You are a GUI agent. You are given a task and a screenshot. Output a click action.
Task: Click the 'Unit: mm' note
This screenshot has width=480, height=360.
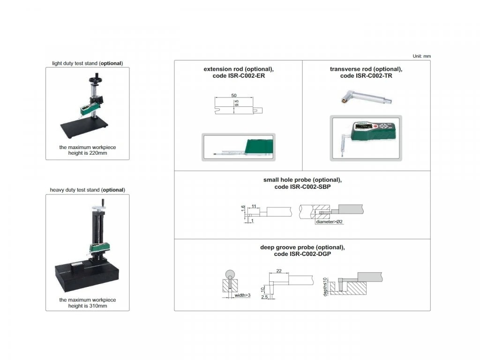421,56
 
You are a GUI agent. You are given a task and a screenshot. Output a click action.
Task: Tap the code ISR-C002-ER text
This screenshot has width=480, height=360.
239,76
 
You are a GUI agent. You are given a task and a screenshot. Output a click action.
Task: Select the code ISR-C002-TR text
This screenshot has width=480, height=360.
366,76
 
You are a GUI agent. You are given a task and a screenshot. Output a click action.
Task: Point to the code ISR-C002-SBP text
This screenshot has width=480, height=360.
302,187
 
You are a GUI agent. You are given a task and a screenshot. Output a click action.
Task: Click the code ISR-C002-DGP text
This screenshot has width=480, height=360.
302,254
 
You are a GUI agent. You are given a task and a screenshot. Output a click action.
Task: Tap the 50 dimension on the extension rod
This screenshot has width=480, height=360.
234,96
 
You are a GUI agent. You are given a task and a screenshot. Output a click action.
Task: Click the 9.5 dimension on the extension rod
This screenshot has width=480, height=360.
236,103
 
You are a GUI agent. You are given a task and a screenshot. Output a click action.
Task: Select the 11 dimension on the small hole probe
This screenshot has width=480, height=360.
254,206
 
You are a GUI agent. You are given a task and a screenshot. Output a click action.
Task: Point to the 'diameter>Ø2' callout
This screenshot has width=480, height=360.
330,222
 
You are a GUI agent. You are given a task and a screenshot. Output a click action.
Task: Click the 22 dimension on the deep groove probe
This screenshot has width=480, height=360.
279,271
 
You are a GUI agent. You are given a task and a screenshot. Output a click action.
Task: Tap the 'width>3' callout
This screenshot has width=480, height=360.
242,295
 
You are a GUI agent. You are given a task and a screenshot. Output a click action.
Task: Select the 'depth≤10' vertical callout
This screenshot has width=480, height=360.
325,287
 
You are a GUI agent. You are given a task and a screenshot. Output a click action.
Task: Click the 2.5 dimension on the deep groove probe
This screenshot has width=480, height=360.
264,297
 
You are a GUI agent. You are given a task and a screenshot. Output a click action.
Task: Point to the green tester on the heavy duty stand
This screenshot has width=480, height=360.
99,247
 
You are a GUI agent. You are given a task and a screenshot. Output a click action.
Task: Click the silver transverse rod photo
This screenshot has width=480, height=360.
367,97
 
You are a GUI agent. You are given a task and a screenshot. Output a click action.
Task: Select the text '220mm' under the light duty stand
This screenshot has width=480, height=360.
98,153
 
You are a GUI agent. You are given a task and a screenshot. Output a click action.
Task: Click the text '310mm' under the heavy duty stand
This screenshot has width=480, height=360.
98,306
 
